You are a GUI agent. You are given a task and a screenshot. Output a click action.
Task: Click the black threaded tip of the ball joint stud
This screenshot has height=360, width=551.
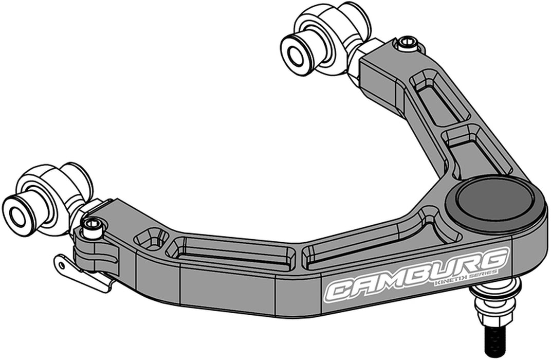[x=495, y=340]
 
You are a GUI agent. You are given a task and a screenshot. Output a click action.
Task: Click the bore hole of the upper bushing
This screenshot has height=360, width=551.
[x=297, y=56]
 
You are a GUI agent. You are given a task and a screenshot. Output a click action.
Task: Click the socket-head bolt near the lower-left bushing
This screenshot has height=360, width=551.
[x=93, y=227]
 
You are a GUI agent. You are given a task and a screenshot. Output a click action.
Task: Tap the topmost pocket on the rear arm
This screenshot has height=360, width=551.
[x=437, y=98]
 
